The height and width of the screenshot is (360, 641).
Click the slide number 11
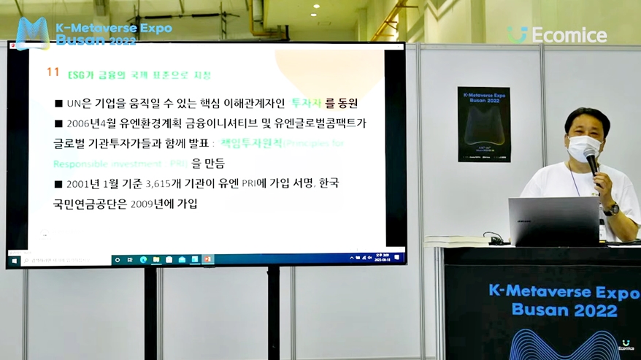[53, 72]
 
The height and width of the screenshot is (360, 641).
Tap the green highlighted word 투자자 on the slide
[307, 103]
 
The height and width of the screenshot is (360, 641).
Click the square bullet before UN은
[59, 104]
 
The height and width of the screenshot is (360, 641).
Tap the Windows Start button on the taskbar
[14, 260]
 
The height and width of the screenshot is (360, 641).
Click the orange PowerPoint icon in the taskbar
[207, 259]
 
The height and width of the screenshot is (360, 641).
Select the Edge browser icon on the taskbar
[143, 259]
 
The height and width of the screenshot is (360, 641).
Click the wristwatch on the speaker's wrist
[611, 210]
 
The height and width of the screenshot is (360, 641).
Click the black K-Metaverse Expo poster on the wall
[483, 124]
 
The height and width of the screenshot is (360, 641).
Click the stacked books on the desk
[456, 241]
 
